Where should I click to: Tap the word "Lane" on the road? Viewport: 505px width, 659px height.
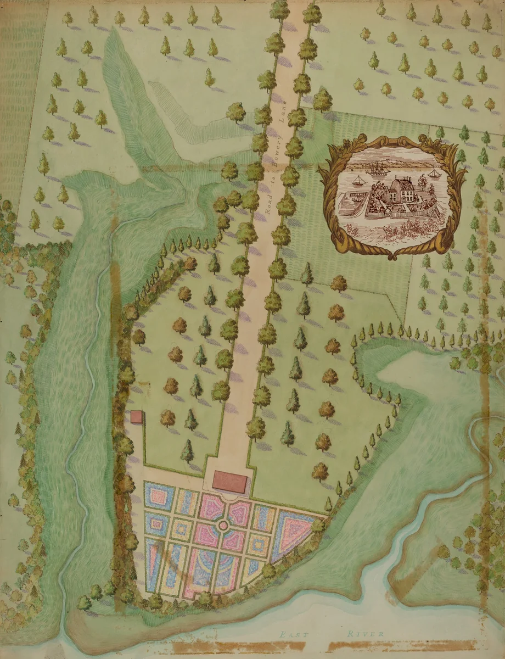(284, 116)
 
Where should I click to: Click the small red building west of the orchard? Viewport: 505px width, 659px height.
(137, 417)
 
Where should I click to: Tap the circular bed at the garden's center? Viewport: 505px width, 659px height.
(223, 526)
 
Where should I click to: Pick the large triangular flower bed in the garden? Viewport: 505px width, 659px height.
(296, 528)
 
